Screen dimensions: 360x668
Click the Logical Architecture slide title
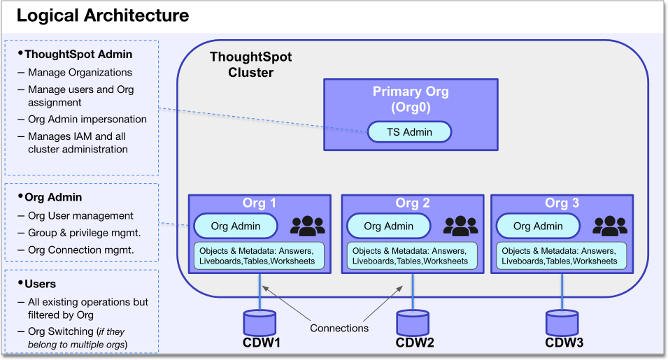coord(102,15)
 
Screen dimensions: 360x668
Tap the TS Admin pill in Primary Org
coord(409,131)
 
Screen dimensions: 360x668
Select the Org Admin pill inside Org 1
coord(235,226)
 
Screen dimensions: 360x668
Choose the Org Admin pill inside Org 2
coord(388,226)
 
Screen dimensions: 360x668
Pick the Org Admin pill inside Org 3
coord(538,226)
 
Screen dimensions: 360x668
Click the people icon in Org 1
coord(308,225)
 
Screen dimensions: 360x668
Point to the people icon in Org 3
coord(610,225)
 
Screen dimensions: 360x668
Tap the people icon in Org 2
coord(460,225)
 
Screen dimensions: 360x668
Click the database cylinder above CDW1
coord(260,322)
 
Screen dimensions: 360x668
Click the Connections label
coord(339,327)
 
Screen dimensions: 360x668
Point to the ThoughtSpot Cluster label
coord(250,65)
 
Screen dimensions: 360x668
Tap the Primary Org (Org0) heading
coord(411,99)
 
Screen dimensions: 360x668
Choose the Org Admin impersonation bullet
coord(87,119)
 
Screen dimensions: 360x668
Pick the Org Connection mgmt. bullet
coord(80,250)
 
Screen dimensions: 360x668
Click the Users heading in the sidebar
coord(40,285)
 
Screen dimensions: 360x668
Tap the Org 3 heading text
coord(563,203)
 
